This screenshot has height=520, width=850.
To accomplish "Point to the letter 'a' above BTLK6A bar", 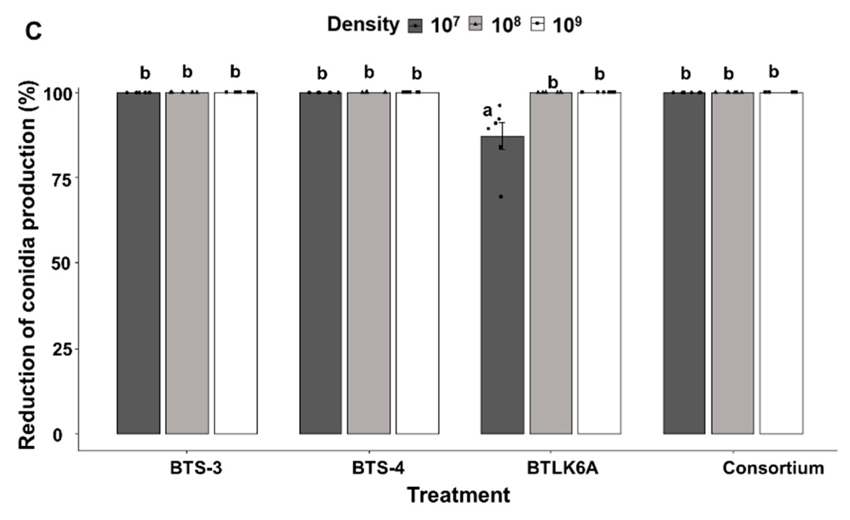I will point(487,111).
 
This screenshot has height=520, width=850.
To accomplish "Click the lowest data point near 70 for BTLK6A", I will point(501,197).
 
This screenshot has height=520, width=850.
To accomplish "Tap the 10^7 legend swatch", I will point(415,26).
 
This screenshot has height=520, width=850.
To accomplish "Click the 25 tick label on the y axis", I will point(61,349).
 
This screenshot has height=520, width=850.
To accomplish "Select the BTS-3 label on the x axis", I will point(196,468).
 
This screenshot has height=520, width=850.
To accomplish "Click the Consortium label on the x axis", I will point(773,468).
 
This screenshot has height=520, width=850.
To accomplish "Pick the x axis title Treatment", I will point(458,495).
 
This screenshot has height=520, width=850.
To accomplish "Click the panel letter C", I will point(33,32).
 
